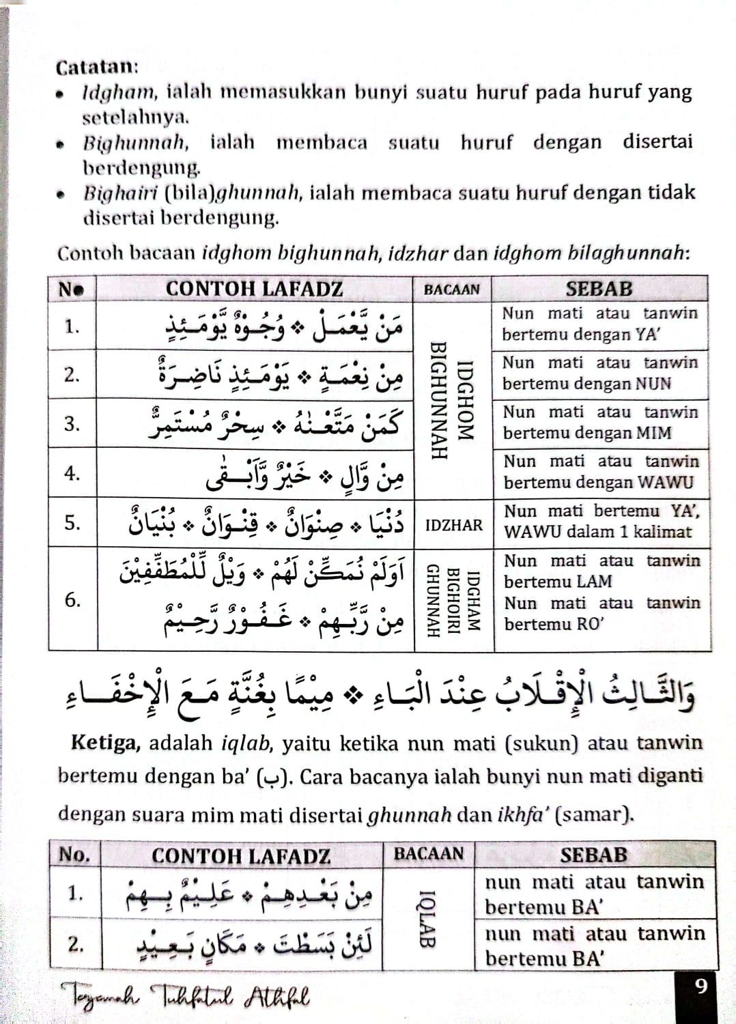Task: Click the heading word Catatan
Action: coord(96,67)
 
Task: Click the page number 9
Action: coord(700,986)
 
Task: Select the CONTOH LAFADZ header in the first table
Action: coord(254,289)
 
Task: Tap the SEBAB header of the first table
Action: coord(599,289)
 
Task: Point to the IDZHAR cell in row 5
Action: coord(453,525)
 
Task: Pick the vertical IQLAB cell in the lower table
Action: coord(427,918)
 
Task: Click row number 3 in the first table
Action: coord(72,424)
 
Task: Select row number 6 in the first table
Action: coord(72,600)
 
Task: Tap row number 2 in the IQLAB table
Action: coord(75,944)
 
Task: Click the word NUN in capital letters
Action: coord(653,384)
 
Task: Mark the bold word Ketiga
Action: coord(105,742)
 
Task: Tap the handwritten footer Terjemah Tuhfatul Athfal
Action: coord(184,997)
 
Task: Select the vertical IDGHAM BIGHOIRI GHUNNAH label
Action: coord(453,600)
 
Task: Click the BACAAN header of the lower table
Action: coord(428,853)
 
